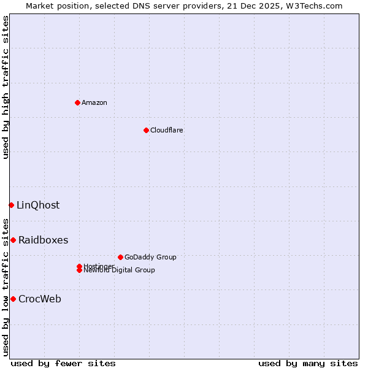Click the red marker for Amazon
click(x=77, y=102)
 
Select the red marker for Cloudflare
click(x=146, y=130)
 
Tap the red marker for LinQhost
click(x=11, y=205)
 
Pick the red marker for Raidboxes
click(x=13, y=240)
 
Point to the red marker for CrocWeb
click(x=13, y=299)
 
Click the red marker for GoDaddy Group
click(x=120, y=257)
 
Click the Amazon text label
click(x=94, y=102)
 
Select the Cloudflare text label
click(x=166, y=130)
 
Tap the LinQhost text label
click(x=38, y=205)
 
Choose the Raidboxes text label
click(x=43, y=240)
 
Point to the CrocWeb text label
click(x=40, y=299)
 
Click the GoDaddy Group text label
click(x=150, y=257)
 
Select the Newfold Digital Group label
click(x=119, y=270)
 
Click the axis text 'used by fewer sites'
click(x=63, y=363)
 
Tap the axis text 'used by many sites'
click(x=308, y=363)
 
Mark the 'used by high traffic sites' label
click(x=6, y=87)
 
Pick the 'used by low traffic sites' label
click(x=6, y=287)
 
